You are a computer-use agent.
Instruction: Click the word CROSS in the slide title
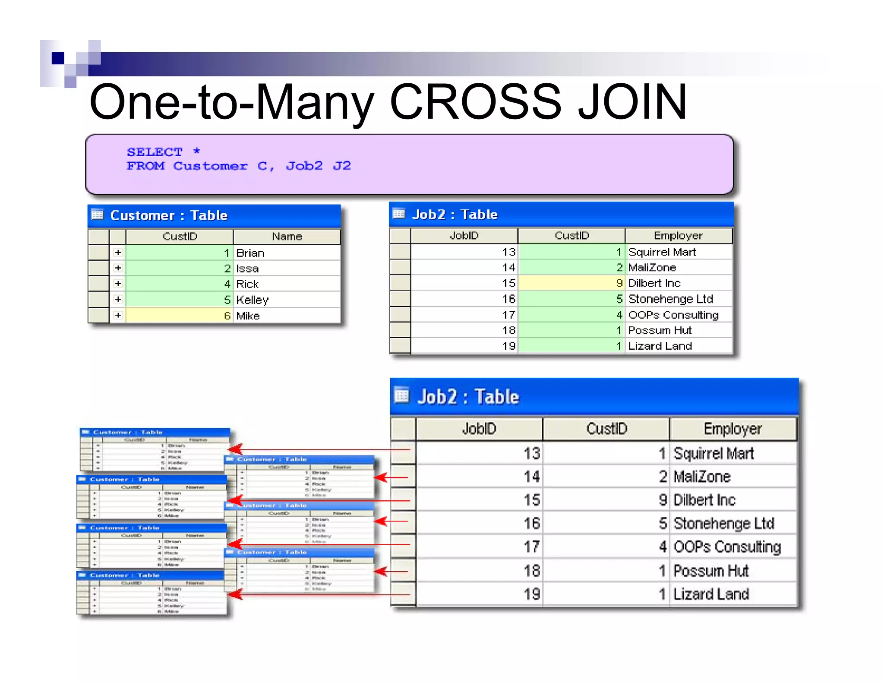point(475,102)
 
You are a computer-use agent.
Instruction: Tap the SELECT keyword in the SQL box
point(155,152)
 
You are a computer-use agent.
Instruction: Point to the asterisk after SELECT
point(197,151)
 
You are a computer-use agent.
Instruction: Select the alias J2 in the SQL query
point(342,166)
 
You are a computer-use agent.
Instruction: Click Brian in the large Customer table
point(250,253)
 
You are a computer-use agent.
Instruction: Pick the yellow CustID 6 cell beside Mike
point(179,316)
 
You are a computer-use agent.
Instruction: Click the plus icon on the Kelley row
point(118,299)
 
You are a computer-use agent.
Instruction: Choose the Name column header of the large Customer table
point(287,237)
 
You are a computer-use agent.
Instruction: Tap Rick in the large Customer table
point(247,284)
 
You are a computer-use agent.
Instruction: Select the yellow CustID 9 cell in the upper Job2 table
point(571,283)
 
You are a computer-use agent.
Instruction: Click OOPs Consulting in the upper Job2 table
point(673,315)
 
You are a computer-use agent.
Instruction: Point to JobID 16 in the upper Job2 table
point(508,299)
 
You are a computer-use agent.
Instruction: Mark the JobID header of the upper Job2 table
point(464,236)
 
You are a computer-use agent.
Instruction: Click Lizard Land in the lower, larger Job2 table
point(711,594)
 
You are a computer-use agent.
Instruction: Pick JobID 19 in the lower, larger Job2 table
point(532,594)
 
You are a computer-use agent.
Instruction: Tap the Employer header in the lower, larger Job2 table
point(732,429)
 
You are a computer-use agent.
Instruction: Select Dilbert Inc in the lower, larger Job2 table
point(704,500)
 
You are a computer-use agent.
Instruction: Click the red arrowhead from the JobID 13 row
point(235,449)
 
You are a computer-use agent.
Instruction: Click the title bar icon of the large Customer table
point(98,215)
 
